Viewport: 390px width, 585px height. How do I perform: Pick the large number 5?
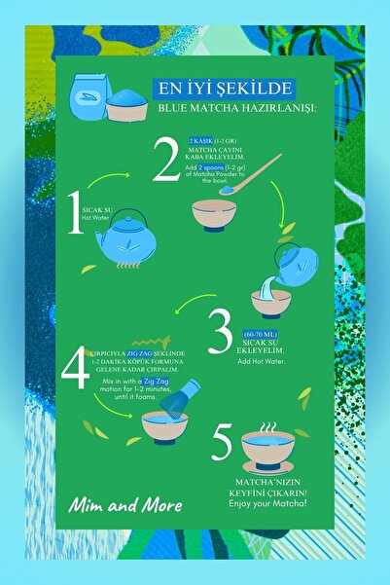pos(223,445)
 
